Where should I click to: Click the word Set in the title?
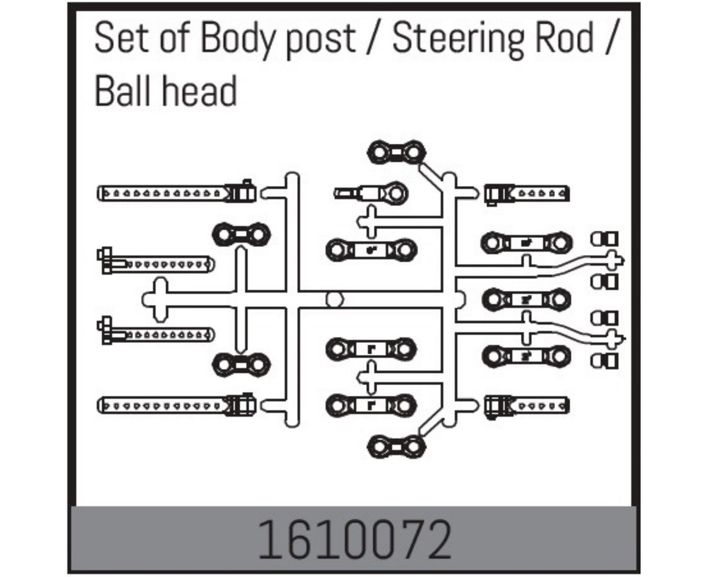click(121, 37)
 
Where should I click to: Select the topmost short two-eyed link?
click(396, 152)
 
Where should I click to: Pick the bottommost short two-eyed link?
click(396, 447)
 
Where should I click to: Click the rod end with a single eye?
click(371, 193)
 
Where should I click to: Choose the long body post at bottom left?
click(176, 405)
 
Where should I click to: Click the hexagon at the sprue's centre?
click(334, 300)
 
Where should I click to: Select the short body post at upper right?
click(527, 194)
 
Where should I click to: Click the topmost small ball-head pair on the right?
click(604, 239)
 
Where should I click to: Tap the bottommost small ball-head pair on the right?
click(604, 361)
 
